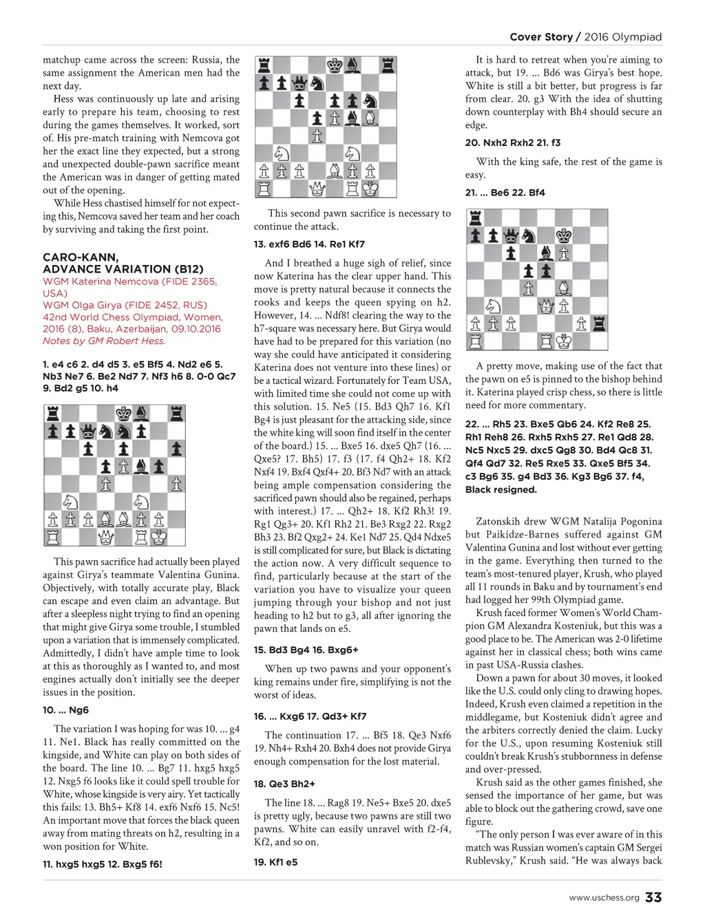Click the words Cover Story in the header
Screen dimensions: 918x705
click(x=541, y=37)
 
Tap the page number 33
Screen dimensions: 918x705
click(x=653, y=897)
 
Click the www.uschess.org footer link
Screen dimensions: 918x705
click(x=604, y=897)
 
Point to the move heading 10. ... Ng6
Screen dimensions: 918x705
click(x=65, y=710)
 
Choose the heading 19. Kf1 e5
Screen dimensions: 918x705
click(x=275, y=862)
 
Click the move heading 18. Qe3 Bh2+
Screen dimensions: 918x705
click(x=284, y=783)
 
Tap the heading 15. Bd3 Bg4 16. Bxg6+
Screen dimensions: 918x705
click(x=306, y=650)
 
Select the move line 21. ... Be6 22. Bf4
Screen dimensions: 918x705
click(x=505, y=193)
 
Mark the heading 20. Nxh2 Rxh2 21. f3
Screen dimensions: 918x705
click(x=513, y=142)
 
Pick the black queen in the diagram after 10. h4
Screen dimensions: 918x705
click(x=88, y=431)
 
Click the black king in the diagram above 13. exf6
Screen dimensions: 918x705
click(x=335, y=65)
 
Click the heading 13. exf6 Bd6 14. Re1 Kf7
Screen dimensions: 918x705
click(x=309, y=244)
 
